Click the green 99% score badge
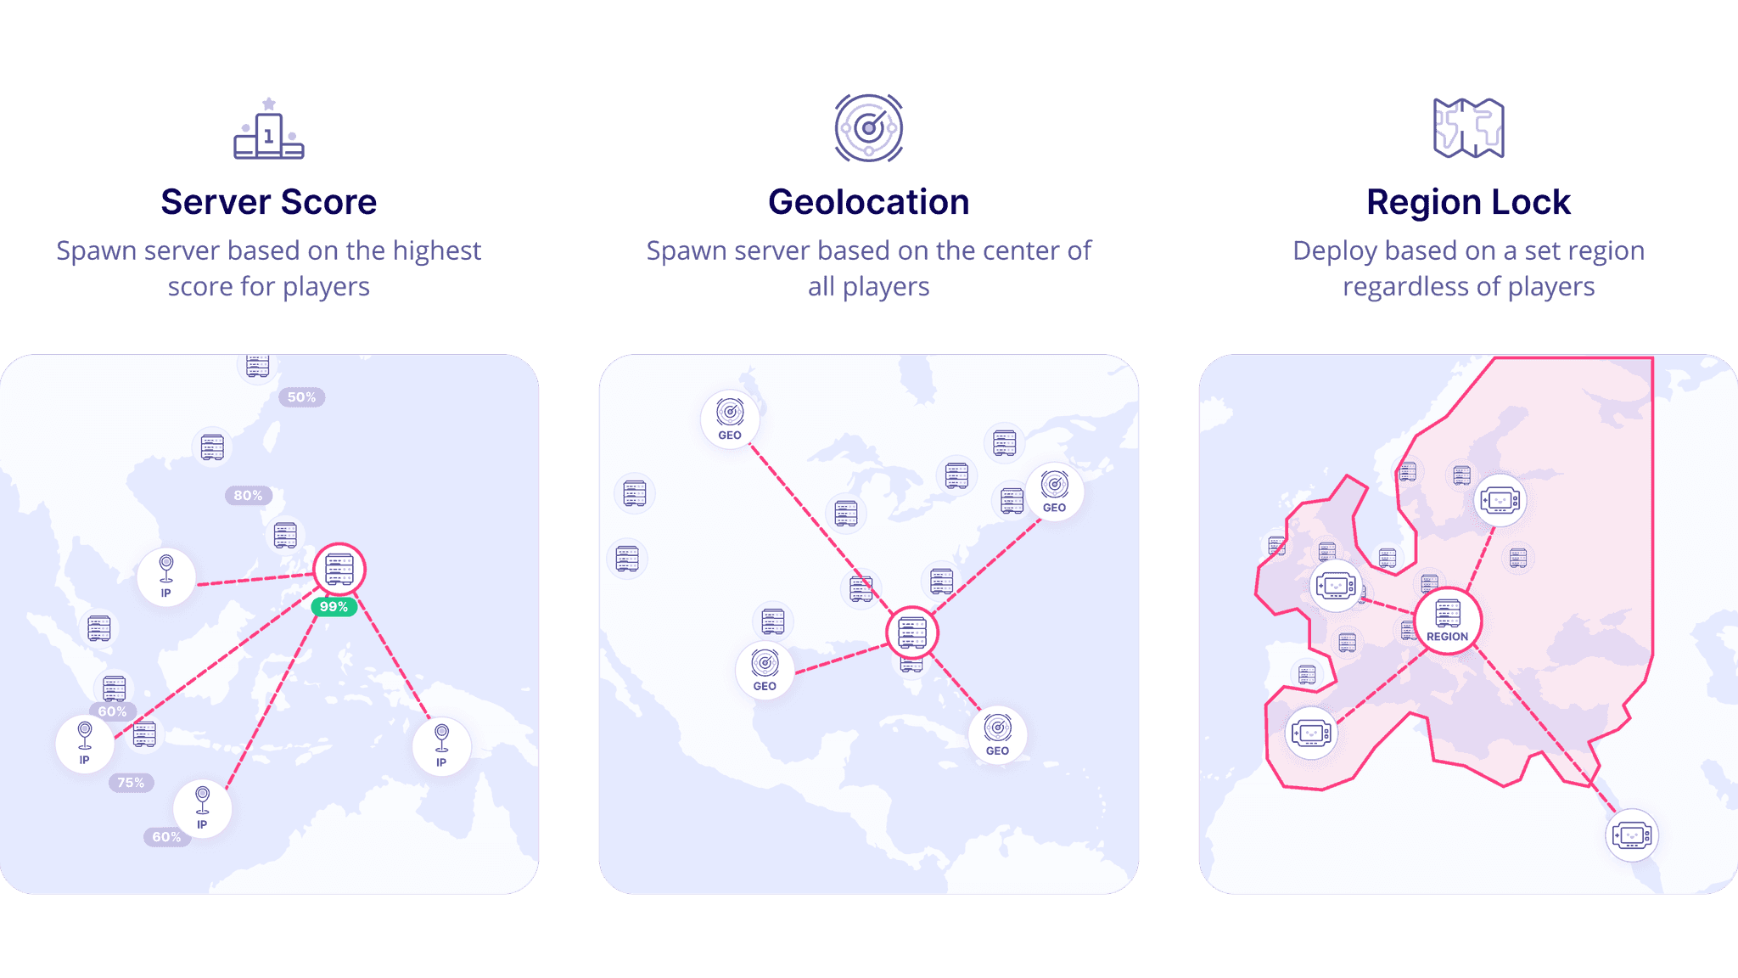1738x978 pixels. [x=334, y=607]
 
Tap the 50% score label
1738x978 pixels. [x=301, y=397]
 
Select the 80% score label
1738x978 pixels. [x=248, y=496]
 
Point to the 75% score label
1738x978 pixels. [x=131, y=783]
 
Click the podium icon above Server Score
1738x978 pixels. [x=269, y=129]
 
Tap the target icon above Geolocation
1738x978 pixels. [x=868, y=128]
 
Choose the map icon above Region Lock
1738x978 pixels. [x=1468, y=128]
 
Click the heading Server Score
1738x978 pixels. [x=269, y=202]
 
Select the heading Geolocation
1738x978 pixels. [x=868, y=202]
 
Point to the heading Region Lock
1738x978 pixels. [x=1468, y=202]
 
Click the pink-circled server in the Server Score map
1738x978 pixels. [x=339, y=569]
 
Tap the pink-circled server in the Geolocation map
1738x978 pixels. [x=911, y=632]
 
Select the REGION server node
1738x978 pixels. [x=1447, y=621]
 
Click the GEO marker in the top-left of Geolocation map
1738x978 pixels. [x=730, y=419]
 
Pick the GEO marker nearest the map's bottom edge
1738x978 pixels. [x=997, y=735]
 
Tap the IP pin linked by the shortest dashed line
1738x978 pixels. [x=166, y=576]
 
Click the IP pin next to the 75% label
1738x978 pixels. [x=85, y=744]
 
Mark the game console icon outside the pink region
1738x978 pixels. [x=1631, y=835]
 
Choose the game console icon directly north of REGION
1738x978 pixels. [x=1500, y=500]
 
